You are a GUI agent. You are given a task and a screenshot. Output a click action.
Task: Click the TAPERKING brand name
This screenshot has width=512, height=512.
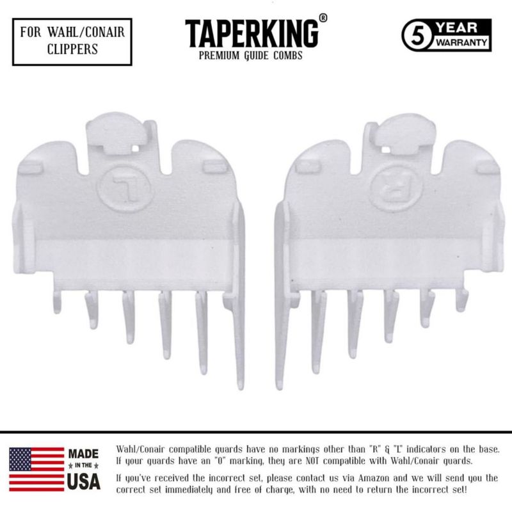[x=252, y=34]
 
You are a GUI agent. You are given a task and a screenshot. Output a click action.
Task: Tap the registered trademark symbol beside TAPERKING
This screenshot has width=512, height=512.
[x=323, y=19]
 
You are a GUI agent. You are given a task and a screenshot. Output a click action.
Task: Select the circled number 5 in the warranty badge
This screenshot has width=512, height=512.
[x=418, y=36]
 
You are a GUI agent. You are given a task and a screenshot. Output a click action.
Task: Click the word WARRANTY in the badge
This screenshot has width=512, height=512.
[x=461, y=42]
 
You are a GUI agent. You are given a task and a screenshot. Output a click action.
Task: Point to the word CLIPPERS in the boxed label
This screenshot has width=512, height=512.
[x=72, y=49]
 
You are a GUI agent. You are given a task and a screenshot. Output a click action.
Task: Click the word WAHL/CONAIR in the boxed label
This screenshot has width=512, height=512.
[x=86, y=32]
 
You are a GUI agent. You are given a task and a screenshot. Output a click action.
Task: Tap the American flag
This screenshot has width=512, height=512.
[x=36, y=470]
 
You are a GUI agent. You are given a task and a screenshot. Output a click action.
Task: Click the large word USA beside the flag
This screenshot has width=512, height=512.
[x=84, y=481]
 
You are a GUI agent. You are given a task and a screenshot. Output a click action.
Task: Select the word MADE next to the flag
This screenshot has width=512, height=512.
[x=83, y=454]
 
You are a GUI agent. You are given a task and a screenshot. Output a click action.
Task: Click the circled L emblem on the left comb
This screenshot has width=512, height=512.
[x=124, y=188]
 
